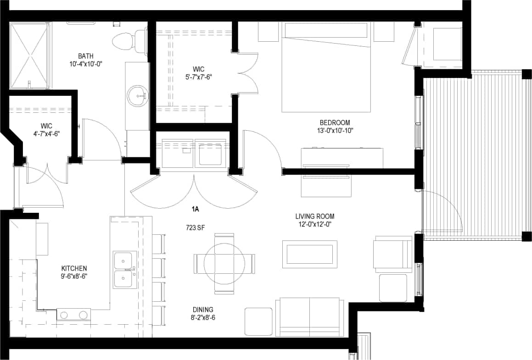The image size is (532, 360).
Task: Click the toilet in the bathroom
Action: pos(129,40)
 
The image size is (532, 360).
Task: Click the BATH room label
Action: pos(86,56)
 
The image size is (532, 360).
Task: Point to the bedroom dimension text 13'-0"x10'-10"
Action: pos(335,131)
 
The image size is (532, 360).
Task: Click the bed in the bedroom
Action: pos(326,69)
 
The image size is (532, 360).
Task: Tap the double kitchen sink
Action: pos(125,269)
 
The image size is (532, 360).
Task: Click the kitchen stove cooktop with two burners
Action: pos(73,315)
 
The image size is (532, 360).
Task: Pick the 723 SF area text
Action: pos(195,227)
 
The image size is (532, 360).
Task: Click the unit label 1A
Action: pos(195,210)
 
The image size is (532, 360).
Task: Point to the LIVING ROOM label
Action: pos(315,216)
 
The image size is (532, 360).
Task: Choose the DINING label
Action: pos(203,310)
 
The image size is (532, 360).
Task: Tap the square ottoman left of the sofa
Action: pos(258,321)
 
